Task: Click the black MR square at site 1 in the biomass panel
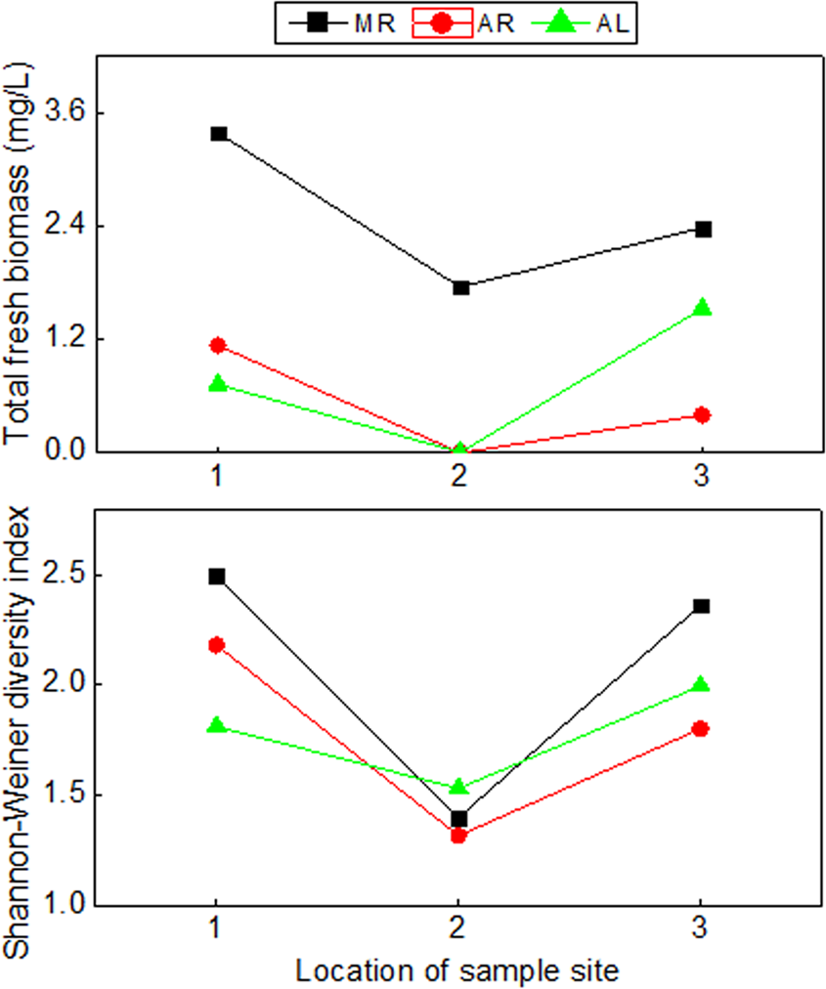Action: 217,133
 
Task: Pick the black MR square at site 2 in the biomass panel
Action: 460,287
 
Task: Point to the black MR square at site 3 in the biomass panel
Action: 702,229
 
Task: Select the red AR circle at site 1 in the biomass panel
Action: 217,345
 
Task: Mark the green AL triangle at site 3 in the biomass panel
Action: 702,308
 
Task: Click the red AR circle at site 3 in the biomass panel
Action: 702,415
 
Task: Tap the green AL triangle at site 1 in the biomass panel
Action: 217,384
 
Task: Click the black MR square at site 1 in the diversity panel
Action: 217,577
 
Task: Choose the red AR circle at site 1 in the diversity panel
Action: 217,645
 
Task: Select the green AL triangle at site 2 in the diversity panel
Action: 458,787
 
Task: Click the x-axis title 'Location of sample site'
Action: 457,970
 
